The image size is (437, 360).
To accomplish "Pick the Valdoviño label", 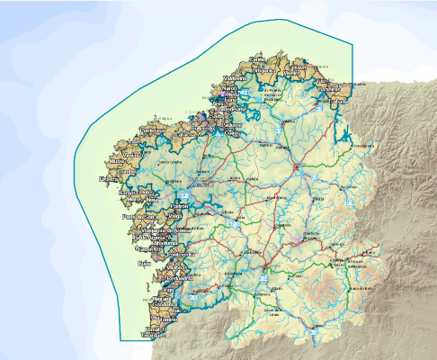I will (x=236, y=78).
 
